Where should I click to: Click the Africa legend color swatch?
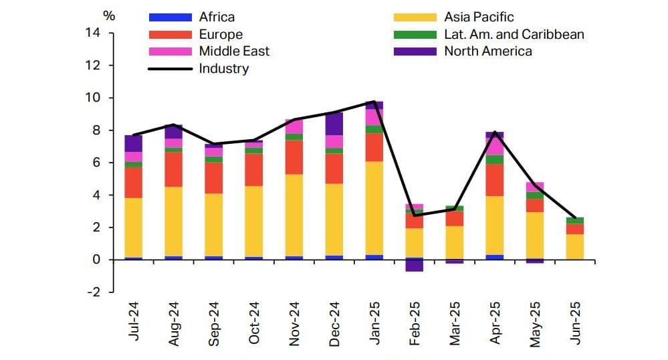pyautogui.click(x=171, y=17)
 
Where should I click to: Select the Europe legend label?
pyautogui.click(x=221, y=34)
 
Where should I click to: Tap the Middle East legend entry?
pyautogui.click(x=234, y=51)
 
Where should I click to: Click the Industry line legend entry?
pyautogui.click(x=223, y=68)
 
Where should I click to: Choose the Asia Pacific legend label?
pyautogui.click(x=479, y=17)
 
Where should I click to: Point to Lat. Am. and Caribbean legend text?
pyautogui.click(x=514, y=34)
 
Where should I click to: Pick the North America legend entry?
pyautogui.click(x=488, y=51)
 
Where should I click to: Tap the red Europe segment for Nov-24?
pyautogui.click(x=294, y=157)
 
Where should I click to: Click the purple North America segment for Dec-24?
pyautogui.click(x=334, y=124)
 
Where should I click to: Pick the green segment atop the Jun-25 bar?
pyautogui.click(x=575, y=221)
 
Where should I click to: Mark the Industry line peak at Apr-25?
pyautogui.click(x=494, y=132)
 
